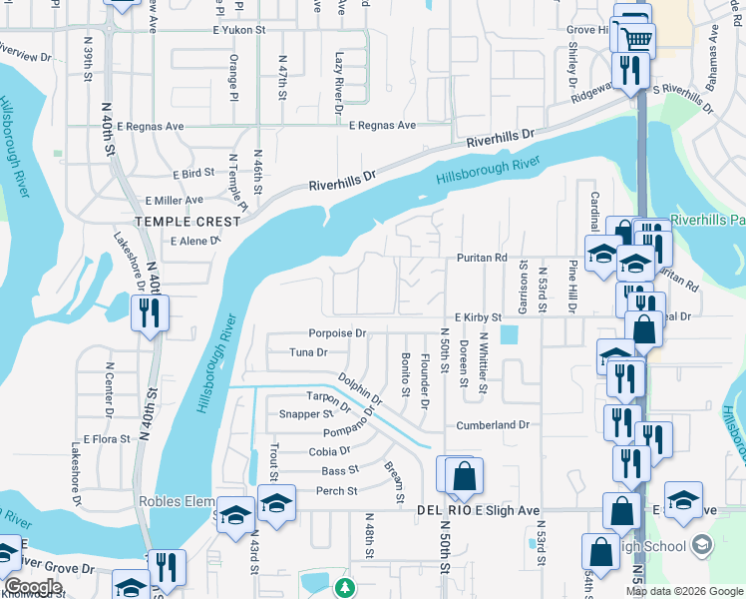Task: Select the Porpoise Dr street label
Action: coord(338,332)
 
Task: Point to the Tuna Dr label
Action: coord(308,351)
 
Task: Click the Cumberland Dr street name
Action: coord(493,425)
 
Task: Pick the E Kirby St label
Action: coord(478,316)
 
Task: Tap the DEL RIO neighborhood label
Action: coord(443,510)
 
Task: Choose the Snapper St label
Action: coord(306,414)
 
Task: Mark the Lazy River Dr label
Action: coord(340,77)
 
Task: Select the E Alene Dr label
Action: coord(195,242)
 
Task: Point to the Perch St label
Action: coord(336,491)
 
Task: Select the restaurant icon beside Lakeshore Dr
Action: coord(150,312)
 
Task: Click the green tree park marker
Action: coord(344,588)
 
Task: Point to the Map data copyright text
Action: coord(684,591)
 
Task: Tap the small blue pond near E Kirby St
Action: coord(511,335)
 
